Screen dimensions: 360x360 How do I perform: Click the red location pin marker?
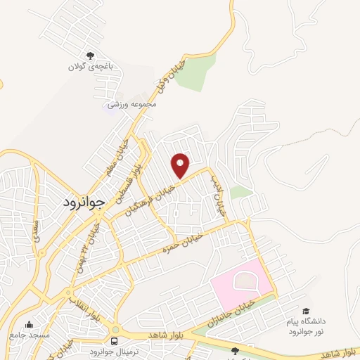point(181,166)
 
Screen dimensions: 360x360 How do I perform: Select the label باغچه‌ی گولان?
point(90,67)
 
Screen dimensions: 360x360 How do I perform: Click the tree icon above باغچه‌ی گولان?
point(90,55)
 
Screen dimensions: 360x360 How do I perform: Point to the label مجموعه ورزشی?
point(131,104)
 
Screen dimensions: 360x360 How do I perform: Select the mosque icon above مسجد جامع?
point(30,325)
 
